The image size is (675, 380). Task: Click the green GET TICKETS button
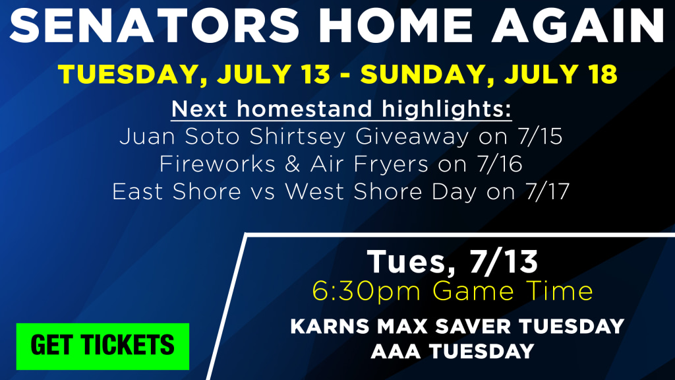(103, 346)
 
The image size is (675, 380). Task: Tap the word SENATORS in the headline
(154, 25)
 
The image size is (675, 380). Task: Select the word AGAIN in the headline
(577, 25)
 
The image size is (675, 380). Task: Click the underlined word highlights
(446, 109)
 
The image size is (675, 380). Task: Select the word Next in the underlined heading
(199, 109)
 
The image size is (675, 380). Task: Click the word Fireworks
(218, 164)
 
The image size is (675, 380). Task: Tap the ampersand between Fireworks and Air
(292, 164)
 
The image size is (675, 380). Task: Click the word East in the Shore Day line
(138, 192)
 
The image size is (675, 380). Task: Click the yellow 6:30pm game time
(367, 292)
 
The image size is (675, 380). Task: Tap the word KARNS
(330, 326)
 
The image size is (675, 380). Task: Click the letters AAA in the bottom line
(396, 352)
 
